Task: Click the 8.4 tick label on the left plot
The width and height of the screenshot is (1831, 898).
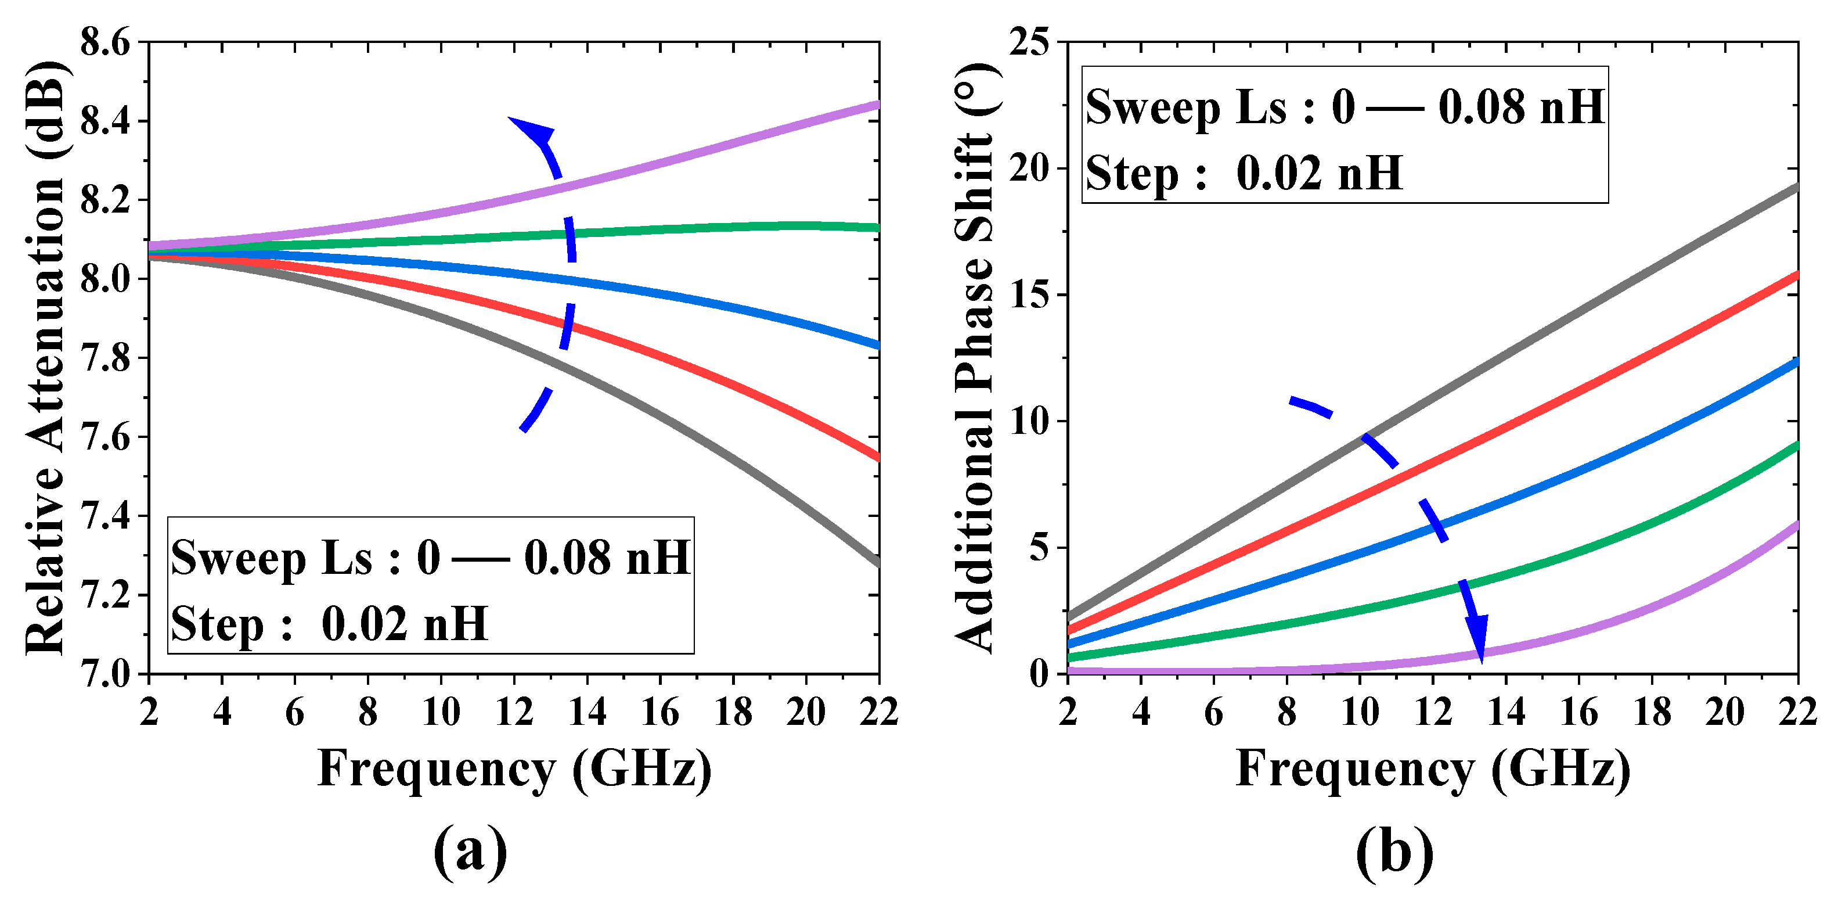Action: [x=105, y=121]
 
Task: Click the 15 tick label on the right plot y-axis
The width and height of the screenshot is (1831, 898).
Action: [x=1029, y=295]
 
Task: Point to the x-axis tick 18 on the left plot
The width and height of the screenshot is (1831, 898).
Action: [x=733, y=712]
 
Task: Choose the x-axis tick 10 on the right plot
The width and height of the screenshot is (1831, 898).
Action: [x=1360, y=712]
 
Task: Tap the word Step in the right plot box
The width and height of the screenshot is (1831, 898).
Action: [x=1131, y=174]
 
